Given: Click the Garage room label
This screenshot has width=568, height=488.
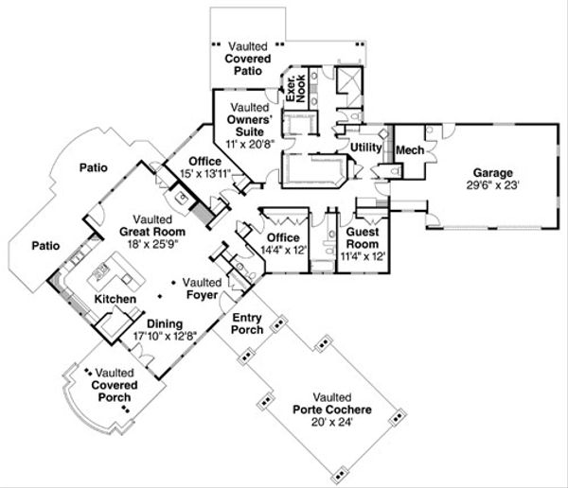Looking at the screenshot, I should tap(493, 173).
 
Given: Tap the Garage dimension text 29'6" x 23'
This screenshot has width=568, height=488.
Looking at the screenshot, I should tap(493, 185).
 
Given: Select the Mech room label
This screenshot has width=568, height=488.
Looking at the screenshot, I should tap(409, 149).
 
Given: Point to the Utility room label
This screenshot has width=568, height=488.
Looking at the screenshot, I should tap(365, 148).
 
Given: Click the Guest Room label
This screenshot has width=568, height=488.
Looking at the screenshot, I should tap(363, 236).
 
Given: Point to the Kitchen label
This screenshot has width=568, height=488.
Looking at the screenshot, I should tap(113, 300).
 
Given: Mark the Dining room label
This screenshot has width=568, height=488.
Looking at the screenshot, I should tap(138, 324).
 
